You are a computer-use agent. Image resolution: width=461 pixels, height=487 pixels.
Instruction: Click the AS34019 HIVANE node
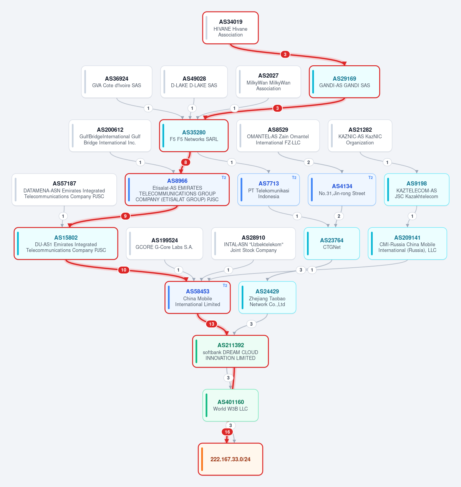(230, 28)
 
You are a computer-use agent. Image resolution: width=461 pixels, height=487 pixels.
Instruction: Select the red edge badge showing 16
(227, 432)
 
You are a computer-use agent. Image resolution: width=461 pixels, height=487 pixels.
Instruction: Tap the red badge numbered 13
(212, 324)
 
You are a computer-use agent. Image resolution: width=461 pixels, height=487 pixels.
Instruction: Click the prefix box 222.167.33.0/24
(230, 459)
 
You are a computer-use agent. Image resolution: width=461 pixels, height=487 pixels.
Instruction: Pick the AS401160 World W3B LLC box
(230, 405)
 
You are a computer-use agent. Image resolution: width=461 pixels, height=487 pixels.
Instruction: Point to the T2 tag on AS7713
(294, 177)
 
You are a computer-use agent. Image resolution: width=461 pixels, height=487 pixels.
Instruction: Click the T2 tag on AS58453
(225, 286)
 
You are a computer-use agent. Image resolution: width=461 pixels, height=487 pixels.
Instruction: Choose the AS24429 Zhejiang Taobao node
(267, 298)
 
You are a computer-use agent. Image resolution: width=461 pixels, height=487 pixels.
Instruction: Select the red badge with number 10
(124, 270)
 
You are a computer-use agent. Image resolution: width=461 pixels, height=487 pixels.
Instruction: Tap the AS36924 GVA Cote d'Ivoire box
(117, 82)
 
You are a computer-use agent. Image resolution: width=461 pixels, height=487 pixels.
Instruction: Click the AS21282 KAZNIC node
(360, 136)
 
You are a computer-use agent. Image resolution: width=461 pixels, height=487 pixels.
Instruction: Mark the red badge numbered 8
(186, 162)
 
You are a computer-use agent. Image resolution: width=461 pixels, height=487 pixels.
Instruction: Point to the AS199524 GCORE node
(164, 243)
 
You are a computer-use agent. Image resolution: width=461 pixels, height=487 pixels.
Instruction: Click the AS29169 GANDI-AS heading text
(345, 79)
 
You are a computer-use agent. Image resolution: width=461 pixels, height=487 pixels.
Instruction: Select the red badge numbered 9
(125, 216)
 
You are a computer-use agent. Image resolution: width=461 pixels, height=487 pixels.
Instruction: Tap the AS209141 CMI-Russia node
(408, 243)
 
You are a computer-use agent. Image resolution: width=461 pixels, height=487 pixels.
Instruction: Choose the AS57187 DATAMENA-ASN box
(64, 190)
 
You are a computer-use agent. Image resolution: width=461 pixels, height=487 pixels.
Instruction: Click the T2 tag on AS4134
(371, 177)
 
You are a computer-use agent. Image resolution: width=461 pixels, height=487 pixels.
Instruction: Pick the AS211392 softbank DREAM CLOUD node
(230, 351)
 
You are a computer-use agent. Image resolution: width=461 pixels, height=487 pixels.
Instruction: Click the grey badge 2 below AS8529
(308, 162)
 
